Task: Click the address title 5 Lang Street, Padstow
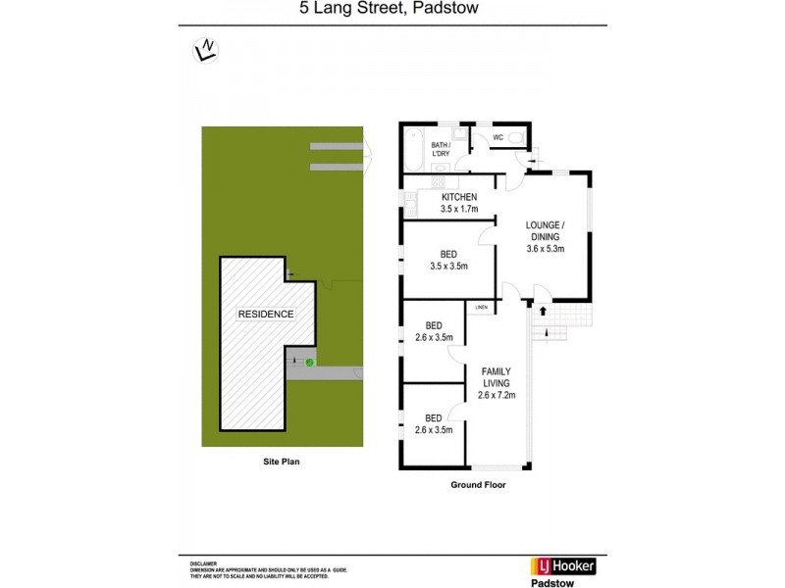pyautogui.click(x=392, y=11)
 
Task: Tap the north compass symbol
pyautogui.click(x=206, y=49)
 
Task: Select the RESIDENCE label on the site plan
pyautogui.click(x=266, y=314)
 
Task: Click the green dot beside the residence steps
pyautogui.click(x=309, y=364)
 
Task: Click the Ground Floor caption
pyautogui.click(x=478, y=484)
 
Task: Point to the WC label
pyautogui.click(x=497, y=137)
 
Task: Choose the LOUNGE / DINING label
pyautogui.click(x=547, y=229)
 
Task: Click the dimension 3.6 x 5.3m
pyautogui.click(x=547, y=249)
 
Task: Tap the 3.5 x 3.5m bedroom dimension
pyautogui.click(x=448, y=265)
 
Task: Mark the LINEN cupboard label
pyautogui.click(x=481, y=308)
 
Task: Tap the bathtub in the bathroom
pyautogui.click(x=411, y=149)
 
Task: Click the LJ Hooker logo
pyautogui.click(x=565, y=565)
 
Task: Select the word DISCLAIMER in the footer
pyautogui.click(x=205, y=565)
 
